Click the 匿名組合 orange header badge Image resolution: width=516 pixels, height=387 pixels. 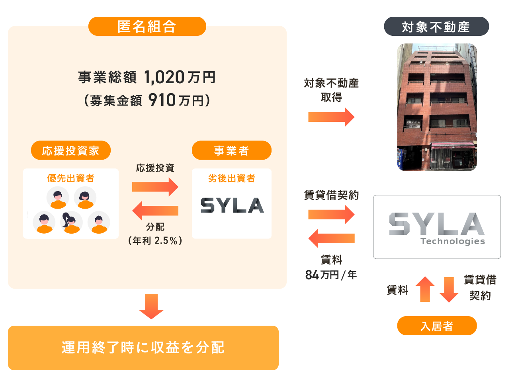click(x=147, y=26)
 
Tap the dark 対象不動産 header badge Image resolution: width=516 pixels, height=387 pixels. click(x=436, y=26)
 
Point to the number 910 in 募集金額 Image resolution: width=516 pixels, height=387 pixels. click(x=162, y=100)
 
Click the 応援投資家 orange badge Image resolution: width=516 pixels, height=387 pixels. click(x=71, y=150)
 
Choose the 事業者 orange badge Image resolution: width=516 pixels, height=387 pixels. click(x=232, y=150)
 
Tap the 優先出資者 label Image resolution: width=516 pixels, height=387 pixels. click(x=71, y=178)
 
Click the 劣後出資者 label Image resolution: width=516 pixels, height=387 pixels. click(x=232, y=178)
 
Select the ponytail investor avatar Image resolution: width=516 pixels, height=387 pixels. click(x=71, y=223)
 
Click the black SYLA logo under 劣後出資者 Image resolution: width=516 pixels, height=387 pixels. click(x=232, y=205)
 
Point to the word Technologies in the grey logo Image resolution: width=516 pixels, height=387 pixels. click(x=453, y=241)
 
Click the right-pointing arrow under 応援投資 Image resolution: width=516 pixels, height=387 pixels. click(x=155, y=187)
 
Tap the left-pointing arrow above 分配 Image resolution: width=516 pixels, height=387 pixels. click(x=155, y=211)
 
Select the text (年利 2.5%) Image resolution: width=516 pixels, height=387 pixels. click(x=155, y=240)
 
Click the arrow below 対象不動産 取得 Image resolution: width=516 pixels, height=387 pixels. click(x=331, y=117)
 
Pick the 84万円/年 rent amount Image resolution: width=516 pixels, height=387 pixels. click(x=331, y=275)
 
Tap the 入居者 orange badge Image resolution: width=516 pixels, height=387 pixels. click(x=437, y=326)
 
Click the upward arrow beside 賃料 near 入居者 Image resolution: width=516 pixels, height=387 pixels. click(x=425, y=289)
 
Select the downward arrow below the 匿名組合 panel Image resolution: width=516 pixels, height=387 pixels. click(x=151, y=307)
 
